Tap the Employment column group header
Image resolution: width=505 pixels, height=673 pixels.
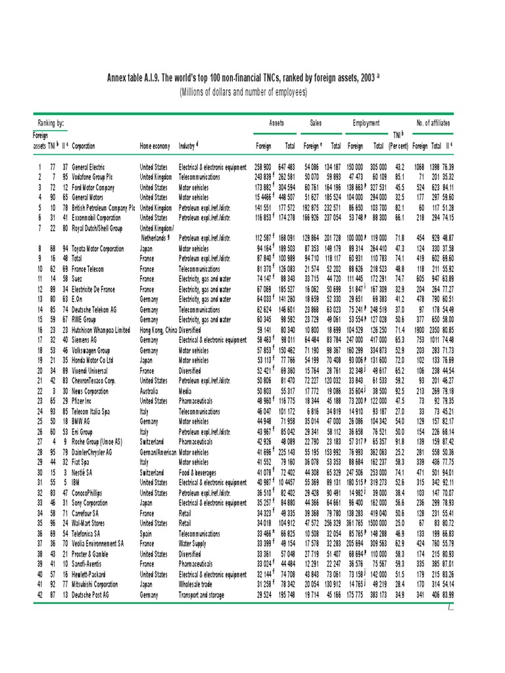(x=366, y=123)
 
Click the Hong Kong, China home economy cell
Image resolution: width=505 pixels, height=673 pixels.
(x=158, y=330)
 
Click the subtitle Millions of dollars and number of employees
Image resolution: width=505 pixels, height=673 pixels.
(x=243, y=93)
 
